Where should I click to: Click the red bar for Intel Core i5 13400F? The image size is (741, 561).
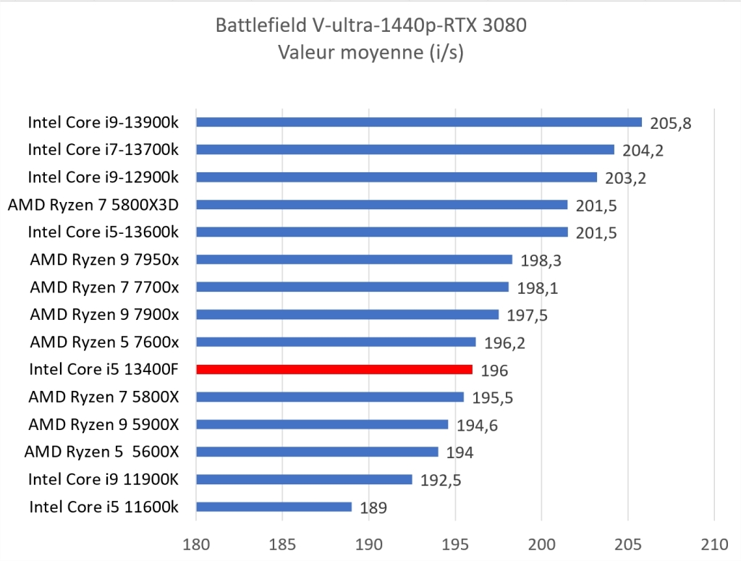click(334, 369)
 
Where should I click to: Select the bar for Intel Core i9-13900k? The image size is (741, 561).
click(418, 122)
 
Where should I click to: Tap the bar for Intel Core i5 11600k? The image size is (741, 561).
click(274, 507)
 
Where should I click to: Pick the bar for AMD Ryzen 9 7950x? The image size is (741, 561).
click(354, 259)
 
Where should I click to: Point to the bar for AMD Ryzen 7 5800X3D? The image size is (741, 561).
click(381, 205)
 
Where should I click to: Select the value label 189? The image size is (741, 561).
click(373, 508)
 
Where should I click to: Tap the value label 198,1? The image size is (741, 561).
click(537, 288)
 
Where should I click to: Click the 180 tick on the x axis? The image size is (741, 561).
click(196, 541)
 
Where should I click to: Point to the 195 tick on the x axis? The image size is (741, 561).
click(455, 541)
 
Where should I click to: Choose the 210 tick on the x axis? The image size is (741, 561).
click(714, 541)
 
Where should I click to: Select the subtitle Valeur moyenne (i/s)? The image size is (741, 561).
click(370, 52)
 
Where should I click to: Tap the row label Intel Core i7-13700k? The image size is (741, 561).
click(103, 150)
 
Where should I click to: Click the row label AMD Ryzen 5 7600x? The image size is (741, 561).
click(104, 342)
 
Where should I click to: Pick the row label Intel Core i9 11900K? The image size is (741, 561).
click(103, 479)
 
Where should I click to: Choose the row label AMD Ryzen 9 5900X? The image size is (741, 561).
click(103, 424)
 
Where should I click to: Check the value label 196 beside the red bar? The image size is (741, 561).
click(494, 371)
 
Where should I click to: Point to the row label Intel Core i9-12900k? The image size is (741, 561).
click(103, 177)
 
